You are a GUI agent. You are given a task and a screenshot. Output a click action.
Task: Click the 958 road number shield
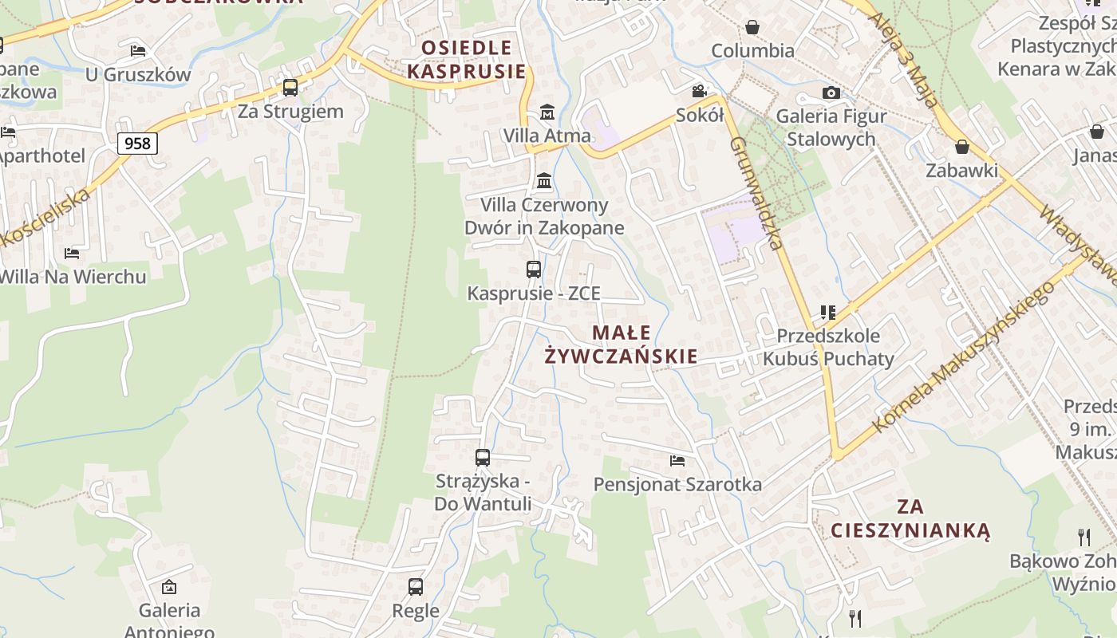coord(137,144)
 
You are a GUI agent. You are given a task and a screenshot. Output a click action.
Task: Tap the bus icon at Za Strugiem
coord(290,88)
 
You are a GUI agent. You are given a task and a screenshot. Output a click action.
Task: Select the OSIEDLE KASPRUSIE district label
coord(467,60)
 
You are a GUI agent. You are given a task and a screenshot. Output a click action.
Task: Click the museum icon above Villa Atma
coord(547,112)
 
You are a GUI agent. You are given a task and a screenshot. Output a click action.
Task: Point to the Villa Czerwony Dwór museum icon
coord(544,181)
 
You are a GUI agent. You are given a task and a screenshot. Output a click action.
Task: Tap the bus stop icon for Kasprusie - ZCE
coord(534,270)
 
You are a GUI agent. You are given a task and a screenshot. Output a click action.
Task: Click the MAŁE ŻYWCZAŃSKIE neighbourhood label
coord(621,345)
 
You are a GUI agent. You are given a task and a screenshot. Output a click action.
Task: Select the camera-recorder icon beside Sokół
coord(700,91)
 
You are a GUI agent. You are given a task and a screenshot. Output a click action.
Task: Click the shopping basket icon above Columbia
coord(752,28)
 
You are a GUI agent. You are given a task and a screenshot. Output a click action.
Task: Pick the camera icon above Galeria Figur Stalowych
coord(831,93)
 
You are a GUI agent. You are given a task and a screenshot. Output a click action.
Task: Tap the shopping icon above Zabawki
coord(962,147)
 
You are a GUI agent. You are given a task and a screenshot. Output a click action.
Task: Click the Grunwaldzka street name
coord(755,192)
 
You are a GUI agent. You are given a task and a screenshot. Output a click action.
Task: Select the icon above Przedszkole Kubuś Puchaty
coord(827,312)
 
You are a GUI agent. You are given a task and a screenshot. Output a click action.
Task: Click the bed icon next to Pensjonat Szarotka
coord(677,460)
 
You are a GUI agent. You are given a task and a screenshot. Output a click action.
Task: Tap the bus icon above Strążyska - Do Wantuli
coord(483,458)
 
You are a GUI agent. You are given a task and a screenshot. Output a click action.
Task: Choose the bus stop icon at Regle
coord(416,587)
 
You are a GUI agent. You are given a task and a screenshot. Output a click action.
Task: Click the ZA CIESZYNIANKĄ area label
coord(910,518)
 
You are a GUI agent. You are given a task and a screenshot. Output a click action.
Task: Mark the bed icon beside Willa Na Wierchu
coord(72,254)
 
